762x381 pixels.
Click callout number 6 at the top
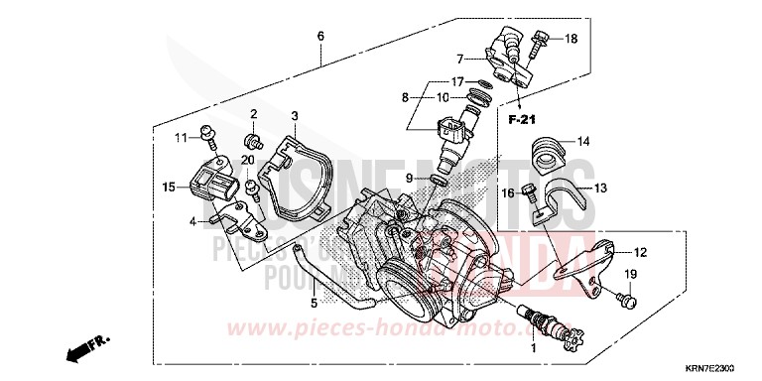tap(320, 36)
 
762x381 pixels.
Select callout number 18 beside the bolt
tap(571, 39)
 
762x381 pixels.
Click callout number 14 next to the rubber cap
tap(583, 141)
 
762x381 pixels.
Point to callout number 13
tap(601, 187)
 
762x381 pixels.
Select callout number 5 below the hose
tap(314, 304)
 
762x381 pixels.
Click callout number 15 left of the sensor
tap(170, 186)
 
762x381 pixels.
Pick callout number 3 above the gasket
tap(294, 117)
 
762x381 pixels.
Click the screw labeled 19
tap(628, 297)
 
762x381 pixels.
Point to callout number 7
tap(460, 59)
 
